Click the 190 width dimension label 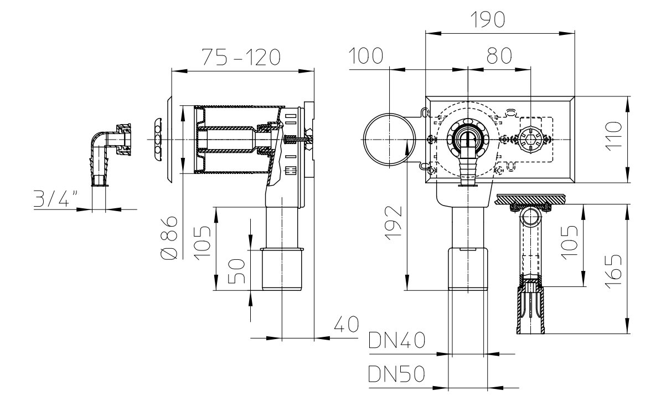point(487,19)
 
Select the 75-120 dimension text point(241,57)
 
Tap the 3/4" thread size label point(56,198)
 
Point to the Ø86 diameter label point(170,238)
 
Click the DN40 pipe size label point(397,340)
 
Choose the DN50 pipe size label point(397,373)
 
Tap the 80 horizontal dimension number point(499,55)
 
